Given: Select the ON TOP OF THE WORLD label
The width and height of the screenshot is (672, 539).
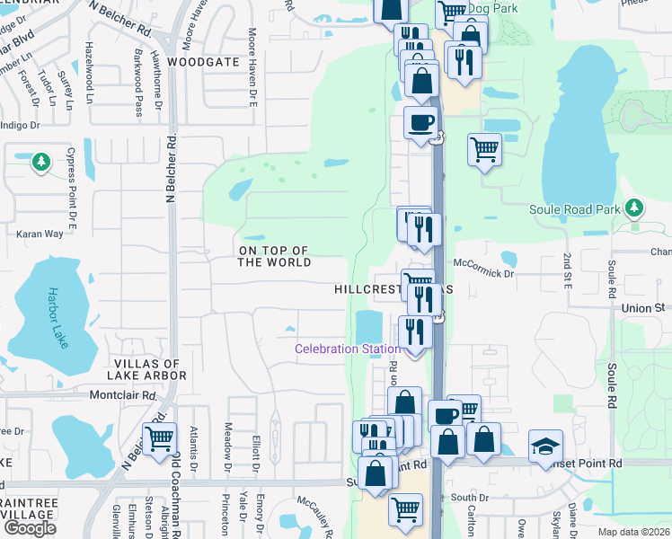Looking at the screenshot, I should (x=274, y=256).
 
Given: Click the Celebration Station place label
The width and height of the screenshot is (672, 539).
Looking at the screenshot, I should (x=349, y=349).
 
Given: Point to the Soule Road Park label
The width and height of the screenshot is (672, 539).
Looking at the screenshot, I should (x=582, y=209).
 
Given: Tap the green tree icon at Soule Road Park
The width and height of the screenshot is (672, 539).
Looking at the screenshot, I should (x=634, y=208).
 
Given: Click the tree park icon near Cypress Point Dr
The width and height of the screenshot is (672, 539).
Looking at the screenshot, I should (x=40, y=162).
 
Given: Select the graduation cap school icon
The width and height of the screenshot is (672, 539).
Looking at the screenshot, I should (x=544, y=446).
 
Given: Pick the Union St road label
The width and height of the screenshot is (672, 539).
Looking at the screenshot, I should (x=646, y=307).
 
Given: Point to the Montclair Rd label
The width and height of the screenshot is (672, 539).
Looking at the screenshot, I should (x=123, y=394).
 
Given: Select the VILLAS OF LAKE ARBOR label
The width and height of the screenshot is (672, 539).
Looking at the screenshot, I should (x=148, y=369).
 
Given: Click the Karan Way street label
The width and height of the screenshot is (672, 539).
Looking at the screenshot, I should (x=40, y=234).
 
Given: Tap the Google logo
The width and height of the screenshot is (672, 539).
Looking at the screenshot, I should (x=30, y=528).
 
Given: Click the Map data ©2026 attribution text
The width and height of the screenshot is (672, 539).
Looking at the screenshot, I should (x=633, y=532).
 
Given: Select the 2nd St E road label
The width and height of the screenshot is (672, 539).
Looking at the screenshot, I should (x=567, y=267).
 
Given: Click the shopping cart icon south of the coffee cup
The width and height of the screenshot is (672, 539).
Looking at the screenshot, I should (x=484, y=148).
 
